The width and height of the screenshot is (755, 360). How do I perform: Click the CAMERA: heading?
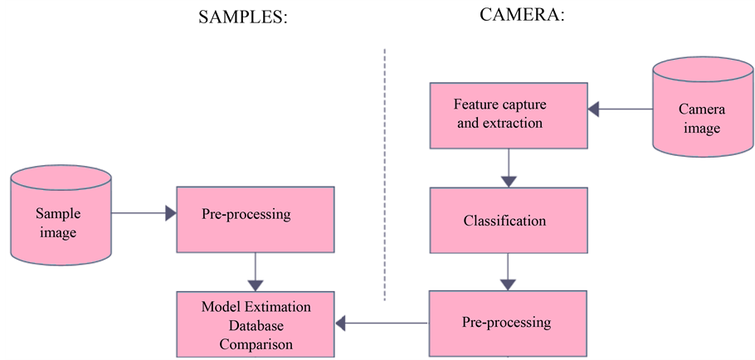[522, 16]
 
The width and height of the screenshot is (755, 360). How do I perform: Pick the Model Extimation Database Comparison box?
[255, 324]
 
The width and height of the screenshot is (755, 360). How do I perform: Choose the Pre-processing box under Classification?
[507, 323]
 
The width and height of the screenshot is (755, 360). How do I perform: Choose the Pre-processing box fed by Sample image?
[255, 219]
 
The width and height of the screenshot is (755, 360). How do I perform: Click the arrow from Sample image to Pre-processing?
[144, 214]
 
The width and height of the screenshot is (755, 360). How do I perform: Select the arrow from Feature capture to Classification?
[507, 168]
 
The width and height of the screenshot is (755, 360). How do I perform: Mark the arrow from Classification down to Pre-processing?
[507, 272]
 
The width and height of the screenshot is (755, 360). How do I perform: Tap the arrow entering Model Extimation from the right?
[381, 323]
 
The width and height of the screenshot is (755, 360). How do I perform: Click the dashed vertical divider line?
[385, 174]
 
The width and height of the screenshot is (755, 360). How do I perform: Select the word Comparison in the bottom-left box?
[256, 340]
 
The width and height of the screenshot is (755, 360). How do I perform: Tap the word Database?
[256, 324]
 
